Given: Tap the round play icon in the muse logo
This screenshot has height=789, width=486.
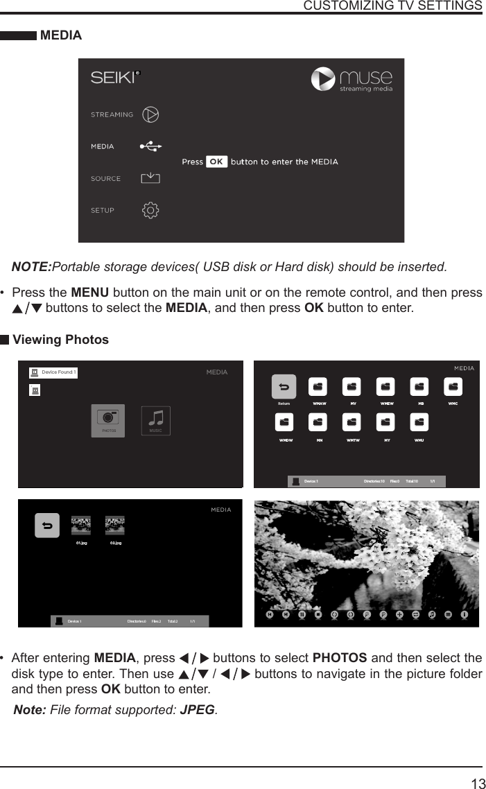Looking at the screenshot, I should pos(323,78).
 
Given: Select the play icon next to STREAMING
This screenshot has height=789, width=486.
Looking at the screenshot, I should pos(150,114).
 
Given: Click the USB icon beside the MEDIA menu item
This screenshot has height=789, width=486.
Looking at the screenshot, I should pos(150,146).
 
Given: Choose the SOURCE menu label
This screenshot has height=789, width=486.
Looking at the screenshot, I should pos(105,179).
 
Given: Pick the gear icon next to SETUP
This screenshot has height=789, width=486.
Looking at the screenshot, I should pos(150,210).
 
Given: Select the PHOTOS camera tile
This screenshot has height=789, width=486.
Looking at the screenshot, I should pos(108,420).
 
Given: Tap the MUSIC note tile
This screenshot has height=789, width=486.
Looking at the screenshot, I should pos(156,420).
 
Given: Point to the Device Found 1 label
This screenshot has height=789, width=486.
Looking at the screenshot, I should pos(58,372).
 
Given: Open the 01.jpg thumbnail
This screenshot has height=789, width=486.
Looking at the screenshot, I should pos(81,526).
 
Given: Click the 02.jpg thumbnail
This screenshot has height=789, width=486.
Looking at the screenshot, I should pos(115,526).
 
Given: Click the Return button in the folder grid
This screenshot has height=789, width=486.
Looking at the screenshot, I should pos(284,387).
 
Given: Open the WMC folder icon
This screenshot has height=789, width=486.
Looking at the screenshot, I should pos(453,387).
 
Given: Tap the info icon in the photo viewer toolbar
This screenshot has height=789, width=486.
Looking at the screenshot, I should pos(465,614).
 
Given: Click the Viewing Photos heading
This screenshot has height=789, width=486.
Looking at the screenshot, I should pos(61,340).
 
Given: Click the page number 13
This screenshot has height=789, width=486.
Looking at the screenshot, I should pos(478,784).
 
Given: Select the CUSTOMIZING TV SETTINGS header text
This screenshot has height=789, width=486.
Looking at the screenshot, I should pos(393,6).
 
